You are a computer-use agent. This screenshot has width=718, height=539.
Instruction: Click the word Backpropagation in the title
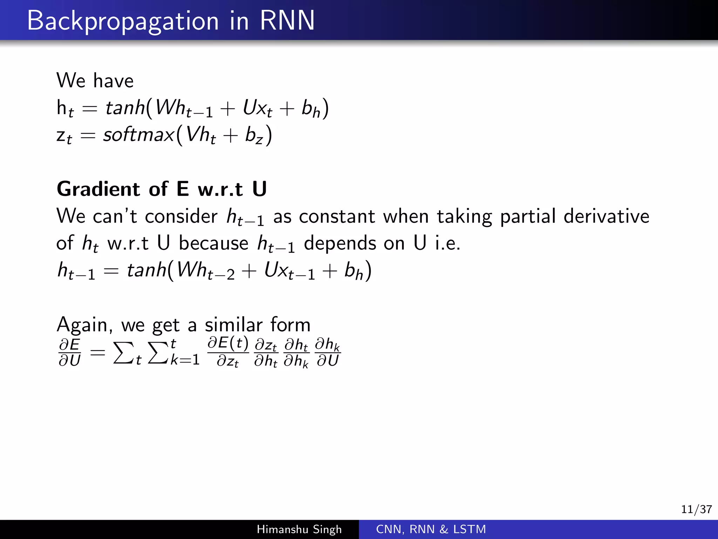pyautogui.click(x=123, y=21)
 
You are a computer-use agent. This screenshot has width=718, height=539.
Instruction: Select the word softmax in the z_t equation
pyautogui.click(x=138, y=135)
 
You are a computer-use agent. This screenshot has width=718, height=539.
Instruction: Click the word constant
pyautogui.click(x=337, y=216)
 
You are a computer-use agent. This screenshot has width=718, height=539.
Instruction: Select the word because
pyautogui.click(x=214, y=243)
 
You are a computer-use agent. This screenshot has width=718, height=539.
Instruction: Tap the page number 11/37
pyautogui.click(x=696, y=509)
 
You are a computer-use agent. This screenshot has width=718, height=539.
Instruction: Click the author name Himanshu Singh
pyautogui.click(x=299, y=529)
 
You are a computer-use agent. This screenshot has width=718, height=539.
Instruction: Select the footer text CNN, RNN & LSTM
pyautogui.click(x=431, y=529)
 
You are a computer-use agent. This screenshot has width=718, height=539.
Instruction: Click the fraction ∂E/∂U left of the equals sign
pyautogui.click(x=70, y=352)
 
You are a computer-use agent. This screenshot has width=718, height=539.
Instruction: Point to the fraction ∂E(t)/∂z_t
pyautogui.click(x=228, y=352)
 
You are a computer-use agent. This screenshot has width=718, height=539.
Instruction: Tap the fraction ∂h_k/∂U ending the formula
pyautogui.click(x=328, y=352)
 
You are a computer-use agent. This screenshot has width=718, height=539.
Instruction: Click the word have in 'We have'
pyautogui.click(x=113, y=81)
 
